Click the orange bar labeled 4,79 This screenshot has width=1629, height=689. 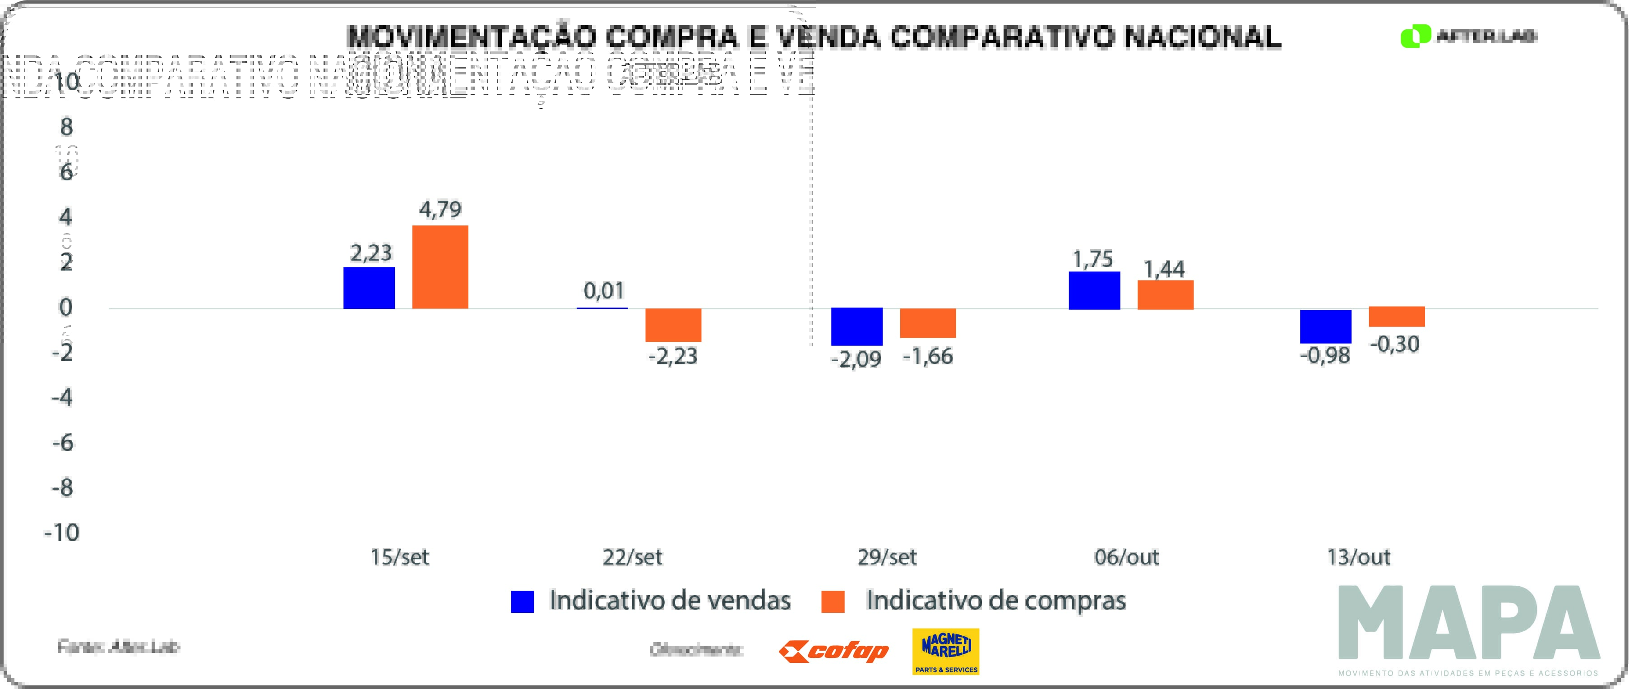coord(440,267)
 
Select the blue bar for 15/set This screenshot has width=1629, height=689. coord(369,288)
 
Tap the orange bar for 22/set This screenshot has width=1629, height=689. coord(673,325)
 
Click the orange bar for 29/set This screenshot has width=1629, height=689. coord(928,323)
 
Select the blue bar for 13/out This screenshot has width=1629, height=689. coord(1325,326)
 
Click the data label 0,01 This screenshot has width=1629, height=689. coord(603,291)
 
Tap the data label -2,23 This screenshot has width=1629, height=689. coord(673,357)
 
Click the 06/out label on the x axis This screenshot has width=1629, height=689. coord(1126,557)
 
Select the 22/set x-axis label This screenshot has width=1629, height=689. coord(632,557)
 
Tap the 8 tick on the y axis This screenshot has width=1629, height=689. coord(66,127)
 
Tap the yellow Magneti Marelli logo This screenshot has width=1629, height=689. coord(945,651)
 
